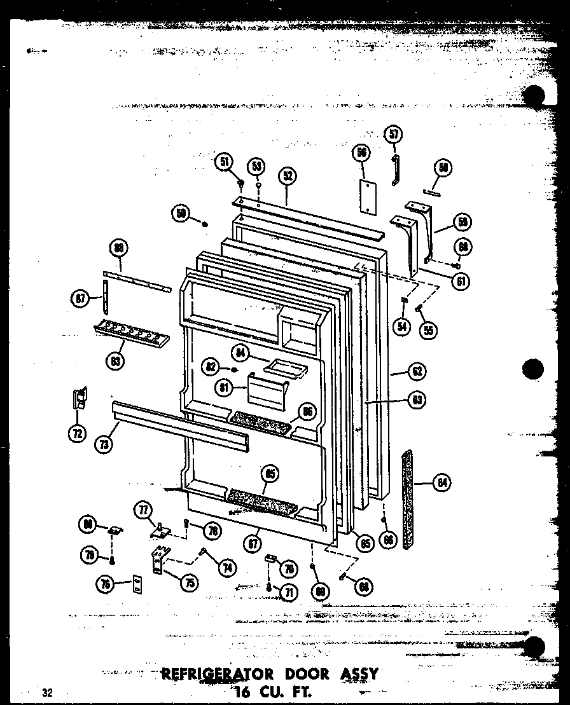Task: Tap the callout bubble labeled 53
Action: (256, 167)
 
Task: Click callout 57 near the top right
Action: (394, 134)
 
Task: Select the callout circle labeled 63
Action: (417, 400)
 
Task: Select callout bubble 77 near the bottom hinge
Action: (142, 509)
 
